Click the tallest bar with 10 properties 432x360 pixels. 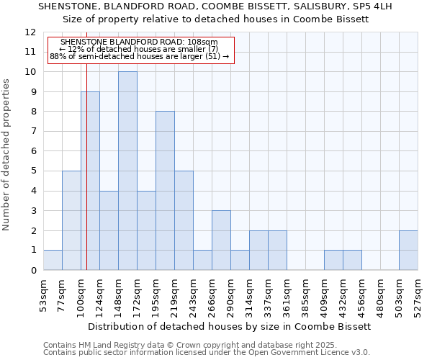pyautogui.click(x=127, y=171)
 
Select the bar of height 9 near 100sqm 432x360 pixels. pyautogui.click(x=90, y=181)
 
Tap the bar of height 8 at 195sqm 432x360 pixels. pyautogui.click(x=165, y=191)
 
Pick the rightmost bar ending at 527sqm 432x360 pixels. pyautogui.click(x=408, y=251)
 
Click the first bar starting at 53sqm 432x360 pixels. pyautogui.click(x=53, y=260)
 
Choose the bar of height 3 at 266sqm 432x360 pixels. pyautogui.click(x=221, y=240)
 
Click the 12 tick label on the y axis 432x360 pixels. pyautogui.click(x=30, y=32)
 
